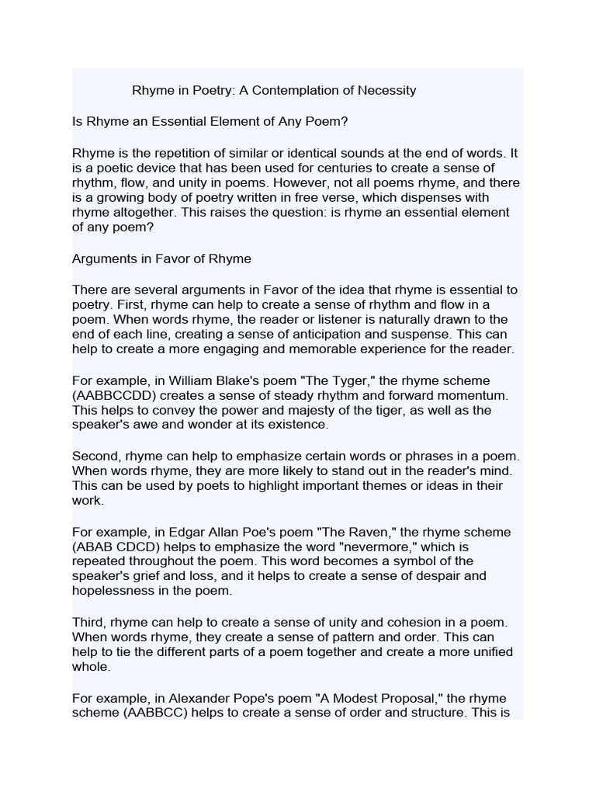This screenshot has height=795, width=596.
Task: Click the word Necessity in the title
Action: pos(386,90)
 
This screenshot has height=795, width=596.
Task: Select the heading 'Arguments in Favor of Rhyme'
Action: pos(161,258)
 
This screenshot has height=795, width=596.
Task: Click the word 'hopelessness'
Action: pos(112,590)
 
